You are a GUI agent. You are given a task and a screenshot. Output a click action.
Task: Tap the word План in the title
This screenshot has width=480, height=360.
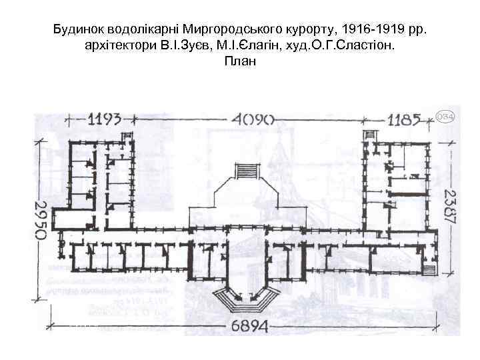coord(240,61)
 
